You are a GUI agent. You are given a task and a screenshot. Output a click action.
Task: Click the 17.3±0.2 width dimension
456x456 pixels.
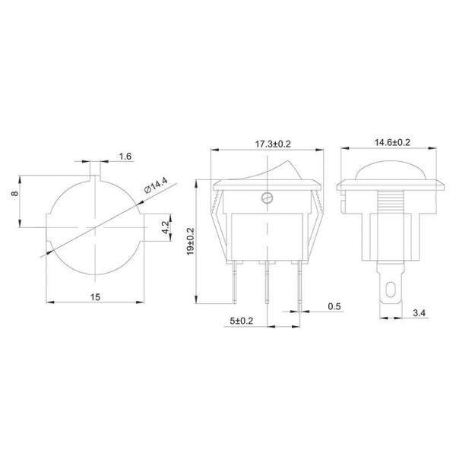click(273, 144)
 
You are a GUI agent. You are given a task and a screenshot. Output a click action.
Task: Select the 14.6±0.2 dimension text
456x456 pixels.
click(392, 143)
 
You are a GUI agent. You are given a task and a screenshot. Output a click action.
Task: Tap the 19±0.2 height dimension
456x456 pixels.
click(191, 242)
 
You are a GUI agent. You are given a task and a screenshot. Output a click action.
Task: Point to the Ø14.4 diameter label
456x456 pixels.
click(156, 185)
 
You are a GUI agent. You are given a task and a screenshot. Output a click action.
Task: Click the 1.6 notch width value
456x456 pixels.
click(125, 157)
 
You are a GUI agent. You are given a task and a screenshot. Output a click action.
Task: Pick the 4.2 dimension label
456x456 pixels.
click(165, 227)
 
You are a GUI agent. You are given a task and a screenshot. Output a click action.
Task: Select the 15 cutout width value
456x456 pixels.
click(95, 297)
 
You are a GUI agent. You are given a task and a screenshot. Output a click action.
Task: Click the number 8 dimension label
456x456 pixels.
click(15, 193)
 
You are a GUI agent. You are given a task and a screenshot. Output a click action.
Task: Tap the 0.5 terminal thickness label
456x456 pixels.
click(334, 306)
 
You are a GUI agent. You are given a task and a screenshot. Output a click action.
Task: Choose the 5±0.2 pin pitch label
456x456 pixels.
click(242, 321)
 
